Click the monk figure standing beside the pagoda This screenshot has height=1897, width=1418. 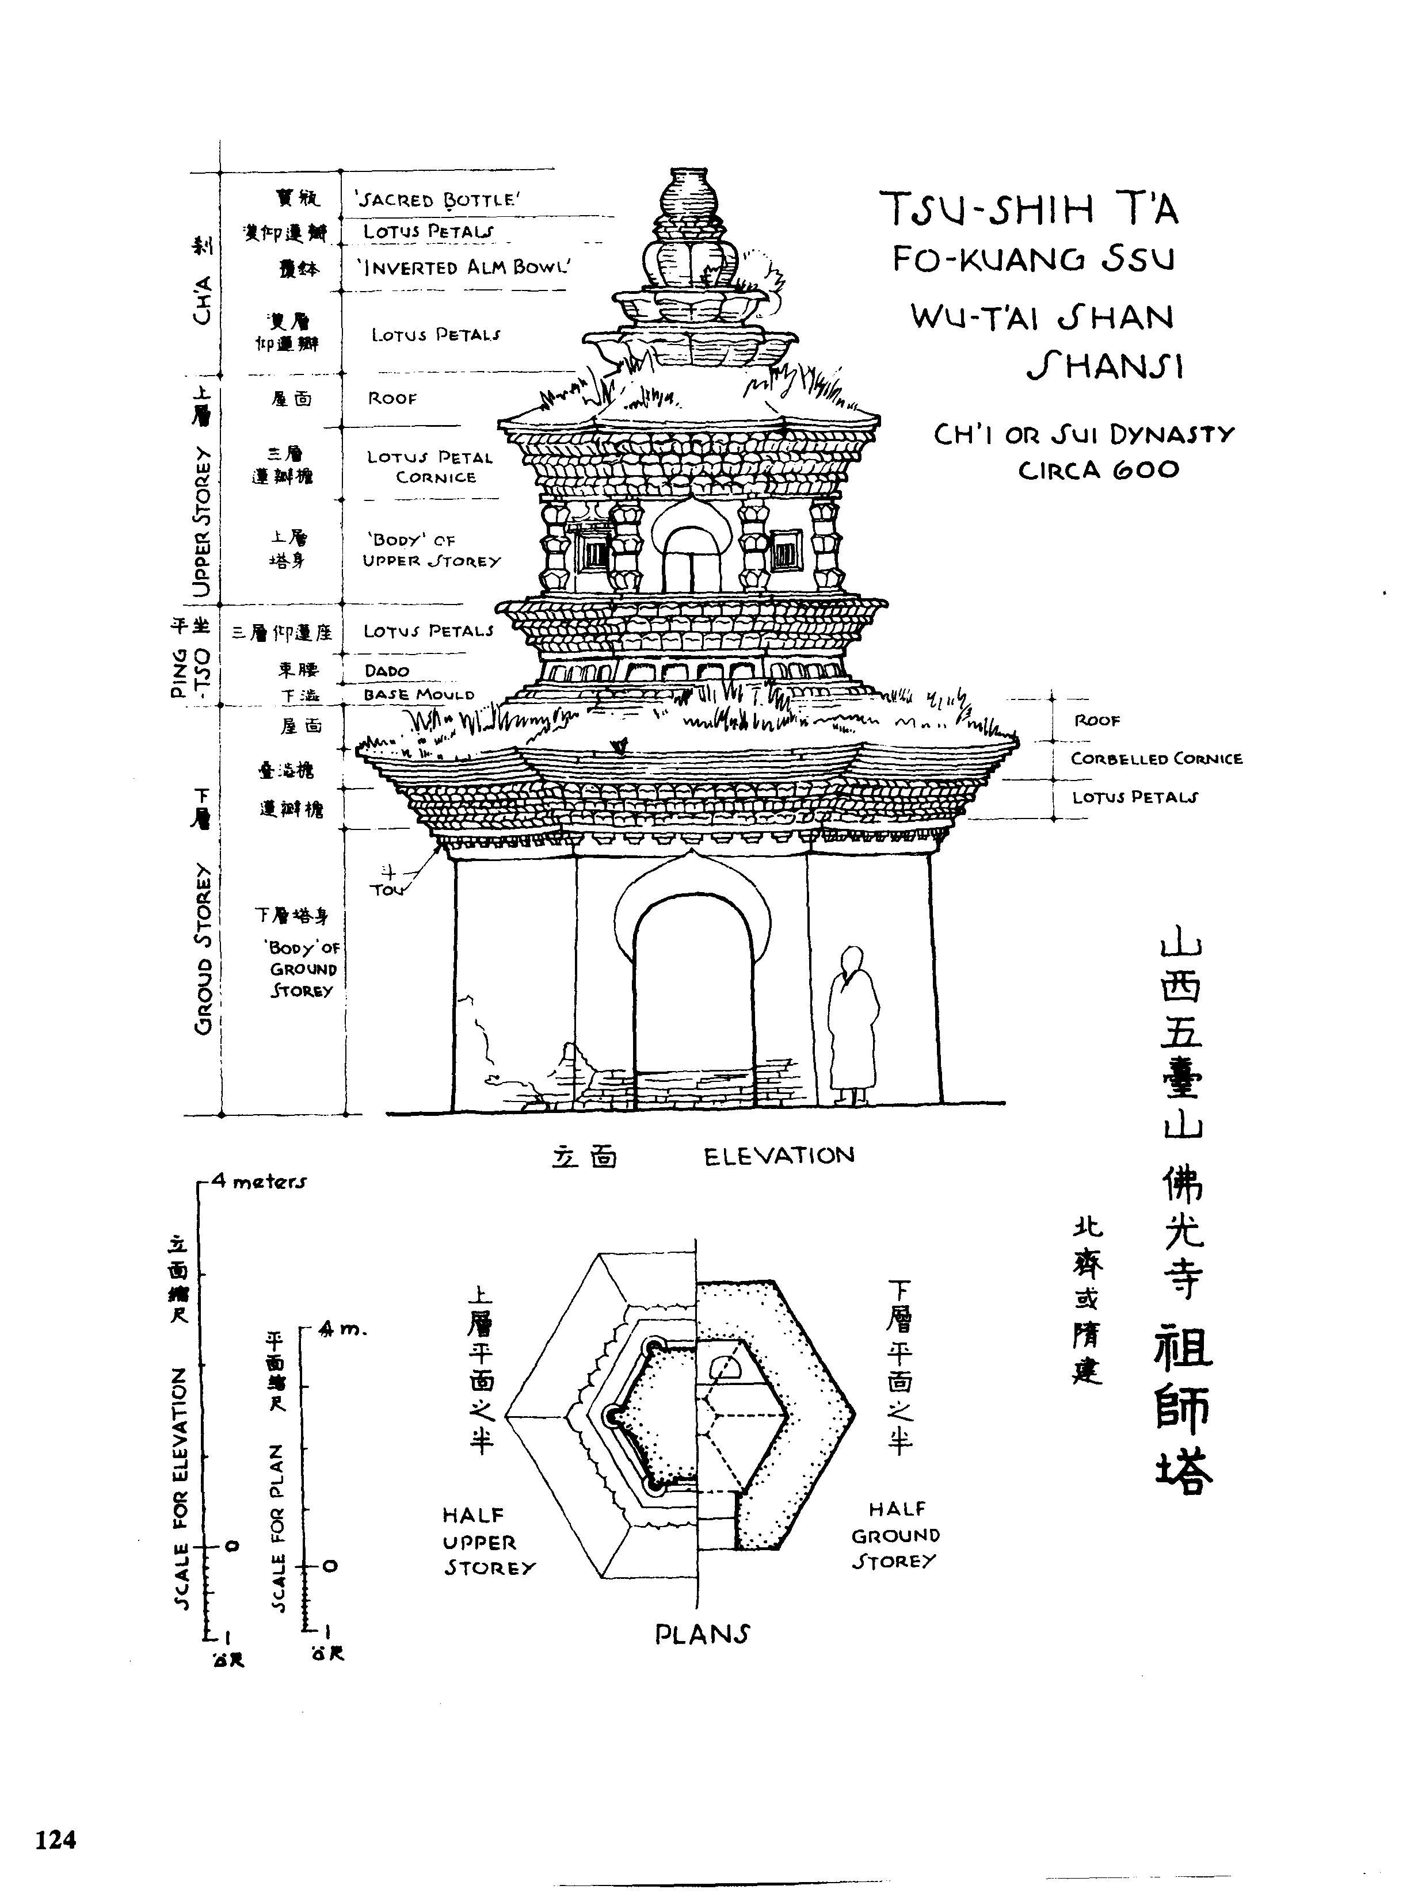852,1025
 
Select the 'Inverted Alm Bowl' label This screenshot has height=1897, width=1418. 463,267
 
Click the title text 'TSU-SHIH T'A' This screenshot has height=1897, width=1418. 1030,208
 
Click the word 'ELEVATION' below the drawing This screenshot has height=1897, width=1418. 779,1156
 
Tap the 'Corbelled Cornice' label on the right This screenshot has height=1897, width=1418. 1156,759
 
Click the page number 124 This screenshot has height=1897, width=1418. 56,1839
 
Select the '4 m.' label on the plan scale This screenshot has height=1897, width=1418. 342,1330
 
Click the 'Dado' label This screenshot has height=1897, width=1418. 386,671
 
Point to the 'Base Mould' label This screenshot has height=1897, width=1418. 418,695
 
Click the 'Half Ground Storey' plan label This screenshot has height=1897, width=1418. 895,1535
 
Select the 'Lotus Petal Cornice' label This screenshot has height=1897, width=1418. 430,468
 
